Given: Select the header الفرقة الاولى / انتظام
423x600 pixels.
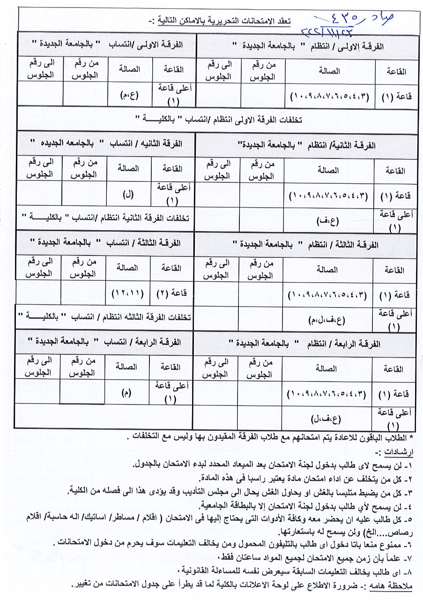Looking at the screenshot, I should coord(309,46).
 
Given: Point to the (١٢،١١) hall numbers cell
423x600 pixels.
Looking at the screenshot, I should coord(130,293).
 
